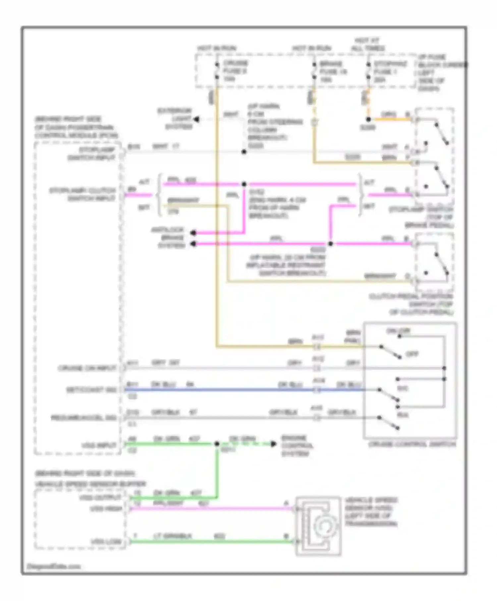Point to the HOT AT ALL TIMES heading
[367, 44]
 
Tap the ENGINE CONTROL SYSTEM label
[297, 445]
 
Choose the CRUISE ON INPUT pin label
[87, 368]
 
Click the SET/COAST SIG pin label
[91, 390]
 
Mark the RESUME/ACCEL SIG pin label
[83, 418]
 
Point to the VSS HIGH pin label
[106, 509]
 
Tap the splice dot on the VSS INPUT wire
[217, 444]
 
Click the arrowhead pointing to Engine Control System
[273, 444]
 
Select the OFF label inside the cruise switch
[412, 354]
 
